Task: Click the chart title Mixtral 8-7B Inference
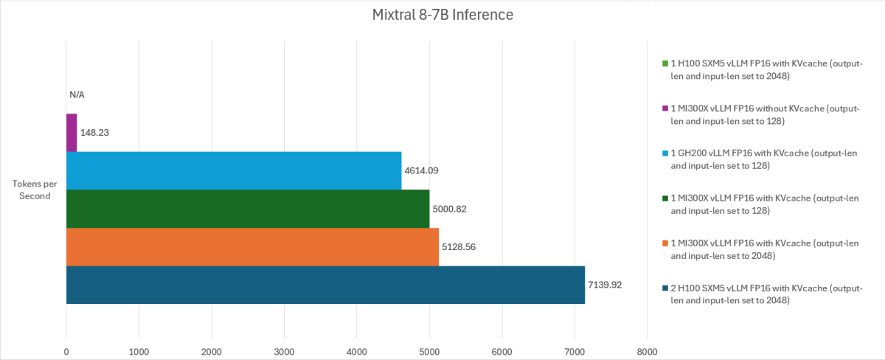click(442, 15)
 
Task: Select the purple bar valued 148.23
click(72, 133)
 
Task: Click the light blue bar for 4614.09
click(234, 170)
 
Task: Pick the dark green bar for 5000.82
click(248, 209)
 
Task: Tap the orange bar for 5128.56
click(252, 247)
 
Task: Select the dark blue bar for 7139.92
click(325, 285)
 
